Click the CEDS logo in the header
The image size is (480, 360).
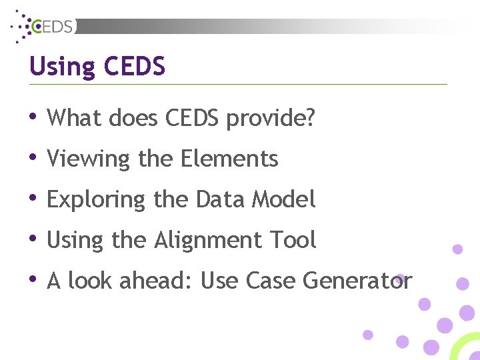(45, 25)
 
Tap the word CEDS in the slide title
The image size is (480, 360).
(135, 67)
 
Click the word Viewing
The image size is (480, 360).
(89, 159)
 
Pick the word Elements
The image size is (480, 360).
(229, 159)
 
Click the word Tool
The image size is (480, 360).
(295, 240)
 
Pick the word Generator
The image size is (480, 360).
(357, 281)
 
